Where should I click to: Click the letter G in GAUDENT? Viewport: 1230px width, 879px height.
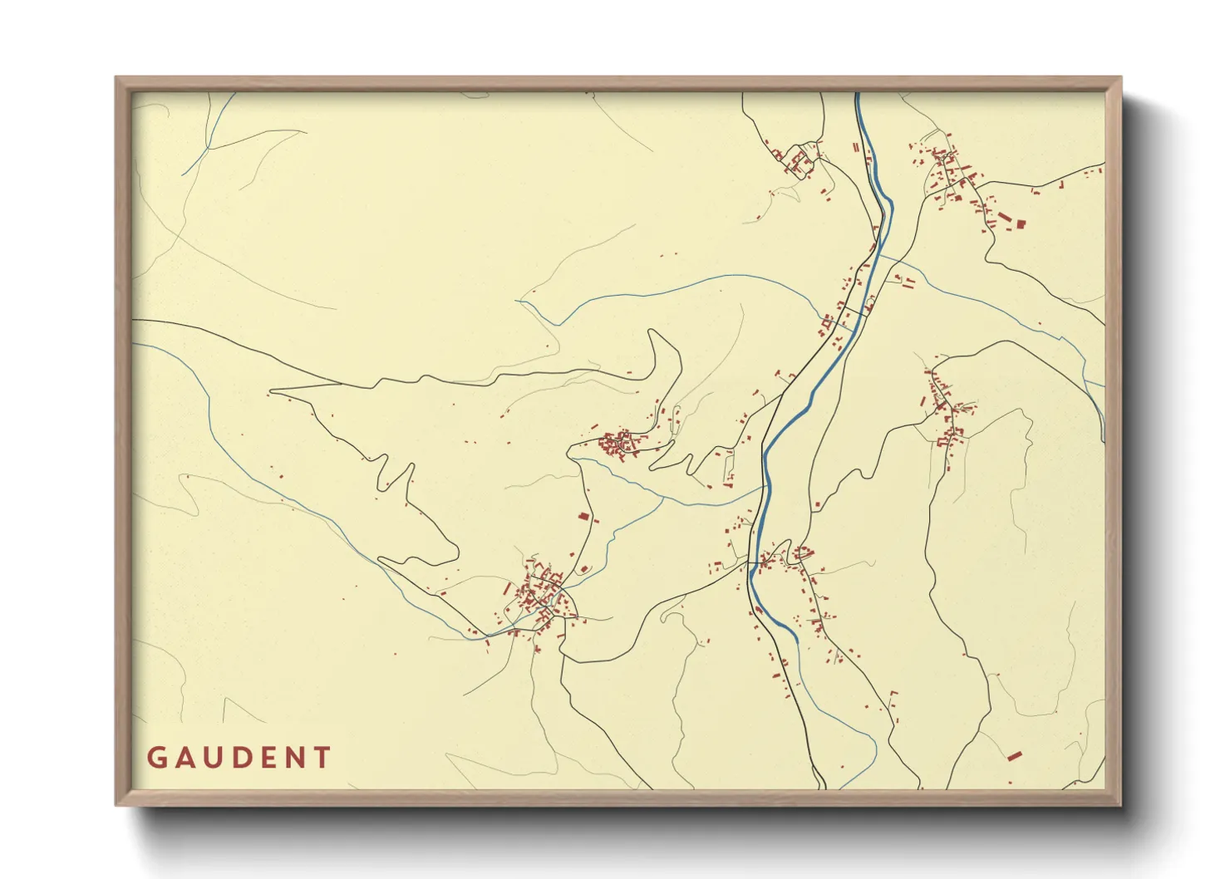[x=156, y=758]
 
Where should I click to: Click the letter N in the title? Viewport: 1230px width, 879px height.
[x=294, y=758]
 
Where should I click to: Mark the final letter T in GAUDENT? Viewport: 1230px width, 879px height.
[x=322, y=758]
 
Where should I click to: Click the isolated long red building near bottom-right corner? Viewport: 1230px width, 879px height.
[x=1013, y=755]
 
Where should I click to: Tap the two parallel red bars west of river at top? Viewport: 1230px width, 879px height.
[x=855, y=147]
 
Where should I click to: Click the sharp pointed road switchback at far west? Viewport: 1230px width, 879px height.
[x=273, y=389]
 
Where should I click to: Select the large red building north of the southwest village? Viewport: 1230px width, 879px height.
[x=583, y=517]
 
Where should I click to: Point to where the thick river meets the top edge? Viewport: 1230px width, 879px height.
[x=858, y=94]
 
